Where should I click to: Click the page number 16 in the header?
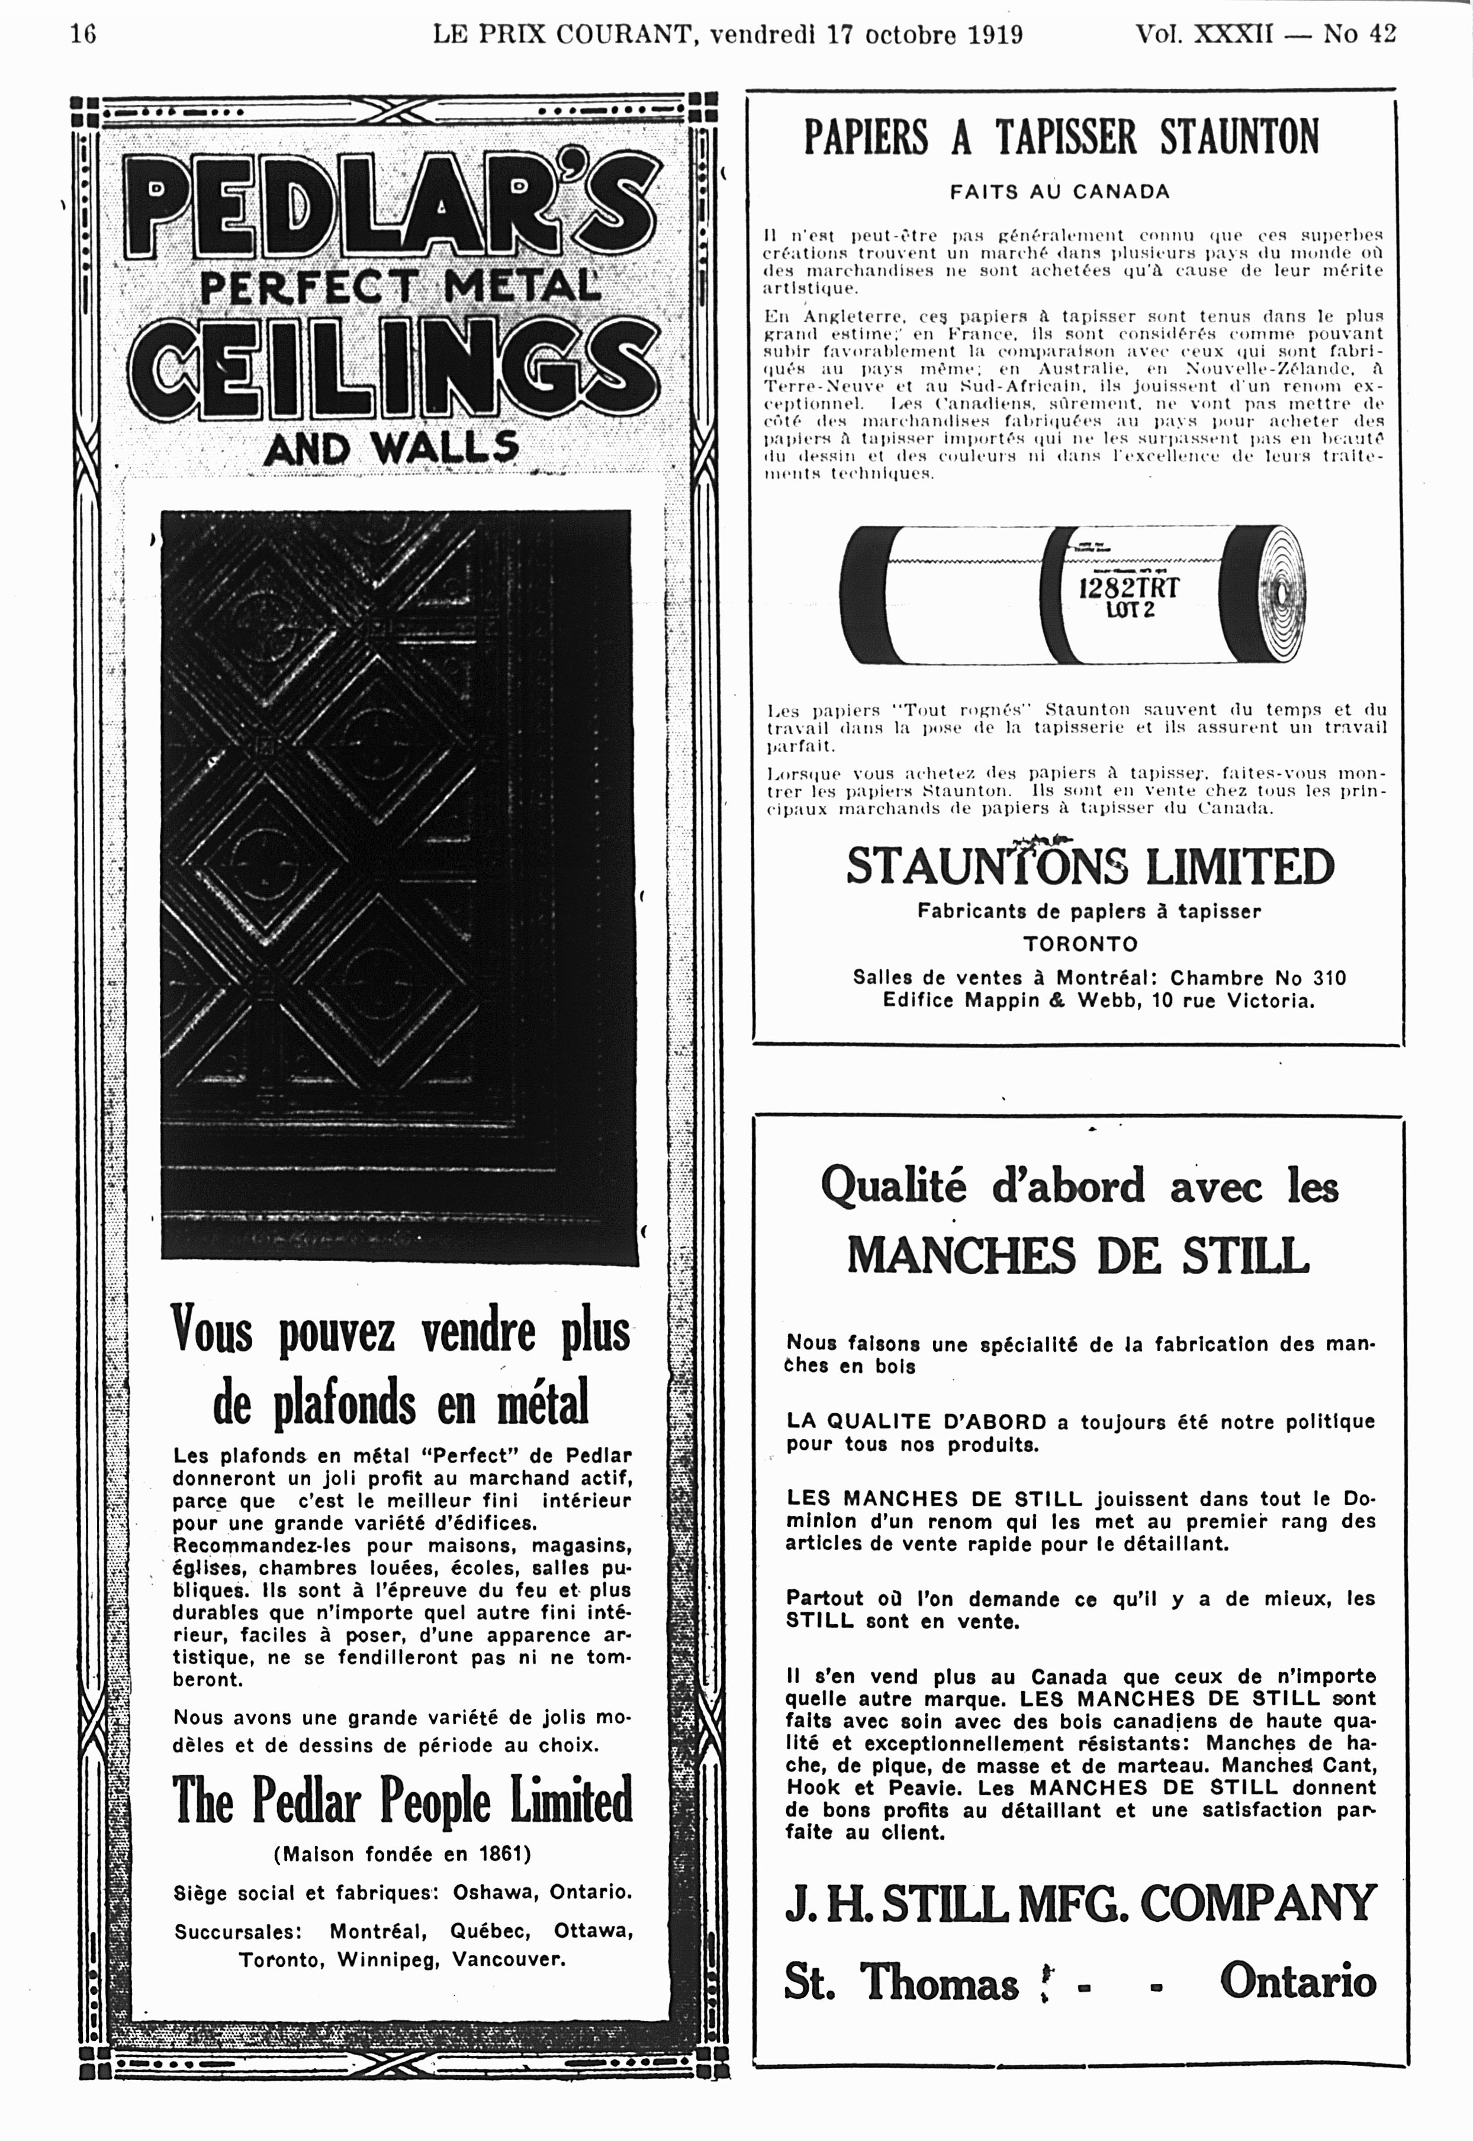pos(83,34)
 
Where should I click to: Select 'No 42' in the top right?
pos(1359,34)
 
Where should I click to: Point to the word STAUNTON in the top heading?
pos(1240,137)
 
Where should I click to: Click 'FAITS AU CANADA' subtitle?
pos(1060,192)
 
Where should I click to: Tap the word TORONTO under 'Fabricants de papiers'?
pos(1080,944)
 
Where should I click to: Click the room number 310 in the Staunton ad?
pos(1326,978)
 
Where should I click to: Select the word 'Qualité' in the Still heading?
pos(892,1186)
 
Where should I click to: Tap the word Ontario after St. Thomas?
pos(1297,1981)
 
